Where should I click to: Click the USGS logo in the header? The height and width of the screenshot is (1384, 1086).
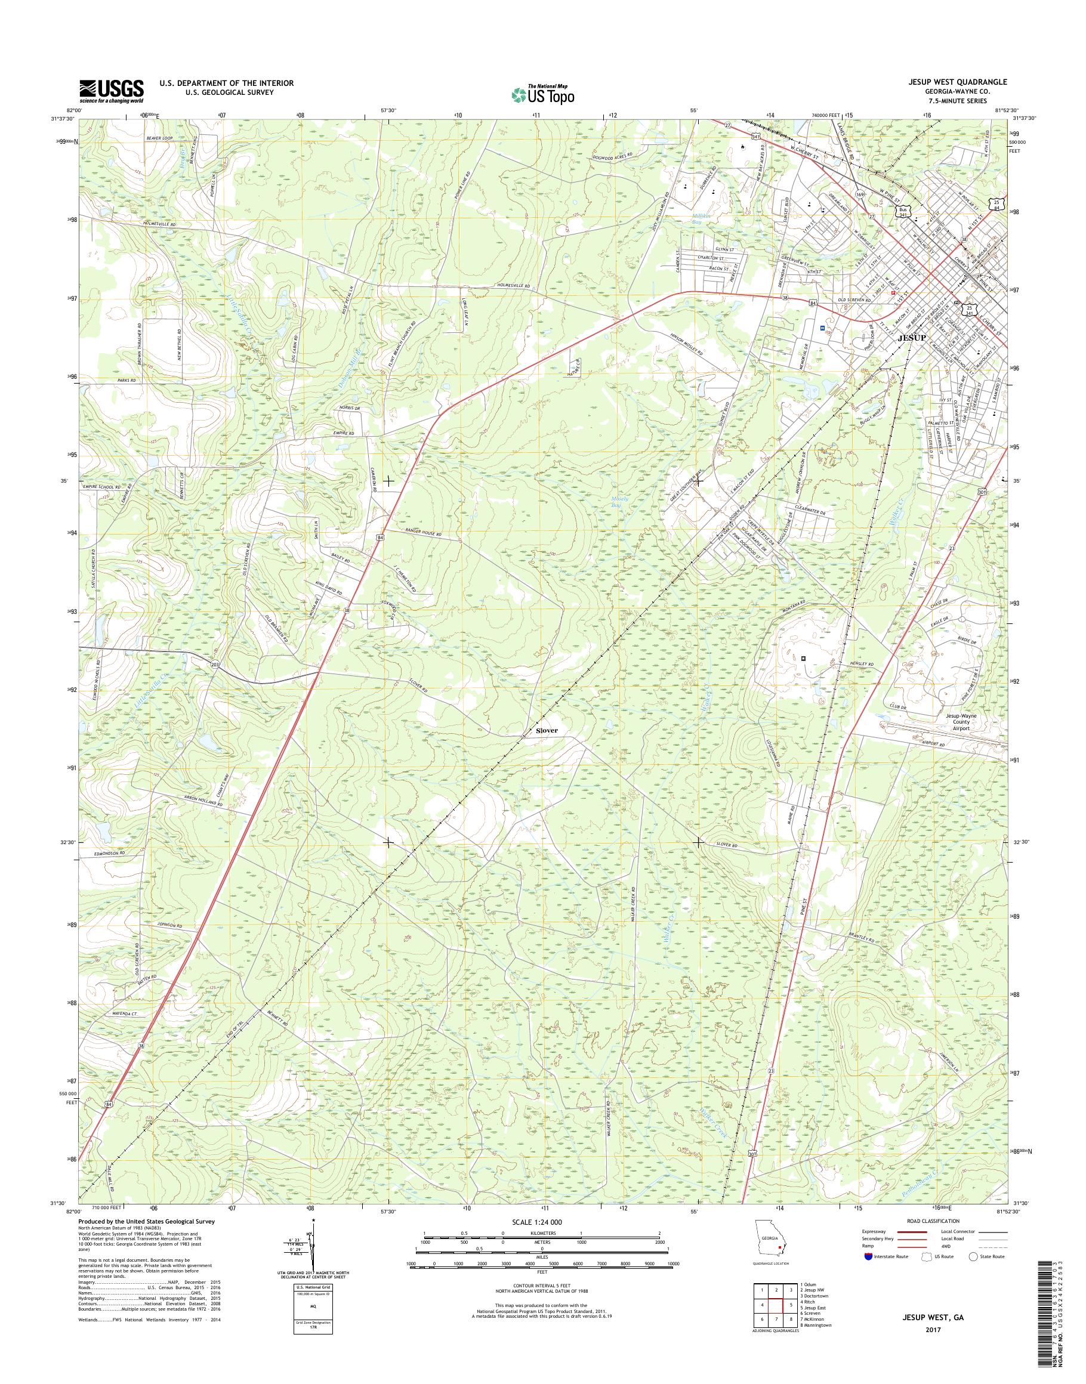(x=111, y=91)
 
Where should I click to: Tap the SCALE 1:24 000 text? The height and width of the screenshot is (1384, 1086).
(x=536, y=1222)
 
